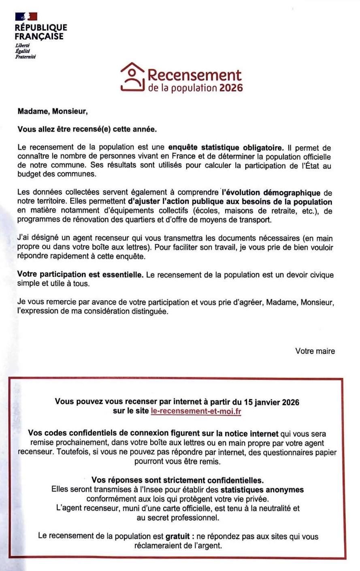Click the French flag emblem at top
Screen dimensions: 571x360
click(26, 16)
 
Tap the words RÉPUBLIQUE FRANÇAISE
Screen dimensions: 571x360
click(40, 32)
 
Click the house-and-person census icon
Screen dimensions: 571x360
click(132, 78)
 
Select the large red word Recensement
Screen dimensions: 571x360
click(194, 75)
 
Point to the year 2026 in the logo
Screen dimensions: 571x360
click(231, 88)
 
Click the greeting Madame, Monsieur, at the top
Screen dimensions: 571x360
click(52, 111)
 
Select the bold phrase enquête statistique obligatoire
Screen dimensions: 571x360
click(226, 147)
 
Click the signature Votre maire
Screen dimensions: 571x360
click(315, 351)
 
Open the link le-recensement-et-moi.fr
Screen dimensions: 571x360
click(196, 411)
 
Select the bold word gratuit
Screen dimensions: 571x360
click(177, 536)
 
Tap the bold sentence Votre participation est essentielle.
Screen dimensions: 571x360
click(80, 275)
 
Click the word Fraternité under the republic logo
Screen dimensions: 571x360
click(26, 57)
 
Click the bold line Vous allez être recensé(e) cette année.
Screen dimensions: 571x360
click(87, 129)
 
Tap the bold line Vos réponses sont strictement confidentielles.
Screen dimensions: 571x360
click(177, 480)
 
